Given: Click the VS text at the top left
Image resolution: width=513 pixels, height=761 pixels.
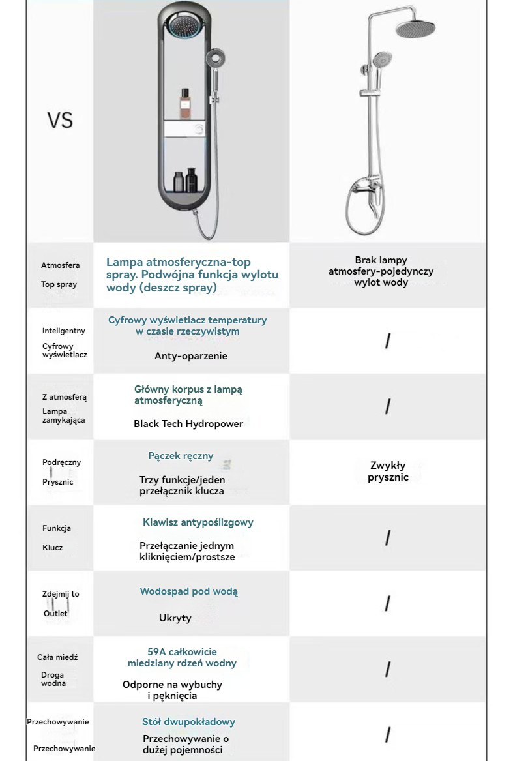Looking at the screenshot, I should click(x=59, y=121).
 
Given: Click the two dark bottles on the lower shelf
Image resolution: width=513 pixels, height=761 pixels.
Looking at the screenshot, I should click(x=185, y=179).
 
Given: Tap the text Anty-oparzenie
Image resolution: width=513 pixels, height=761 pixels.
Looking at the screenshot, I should click(x=191, y=356).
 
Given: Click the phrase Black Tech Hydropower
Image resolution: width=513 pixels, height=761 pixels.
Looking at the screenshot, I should click(x=188, y=424).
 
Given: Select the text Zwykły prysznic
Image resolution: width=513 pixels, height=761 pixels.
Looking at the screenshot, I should click(x=388, y=471).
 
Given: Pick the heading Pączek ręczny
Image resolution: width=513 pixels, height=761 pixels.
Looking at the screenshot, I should click(x=181, y=456).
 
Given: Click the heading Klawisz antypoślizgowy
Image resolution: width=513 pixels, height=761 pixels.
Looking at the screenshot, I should click(x=198, y=522).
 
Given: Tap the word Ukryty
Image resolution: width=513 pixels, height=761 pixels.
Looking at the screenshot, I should click(x=175, y=618).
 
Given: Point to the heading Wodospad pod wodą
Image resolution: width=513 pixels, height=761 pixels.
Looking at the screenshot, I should click(x=189, y=591).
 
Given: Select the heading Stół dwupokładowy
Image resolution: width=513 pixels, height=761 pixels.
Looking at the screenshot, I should click(x=189, y=722).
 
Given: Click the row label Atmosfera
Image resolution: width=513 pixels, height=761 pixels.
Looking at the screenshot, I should click(x=61, y=265).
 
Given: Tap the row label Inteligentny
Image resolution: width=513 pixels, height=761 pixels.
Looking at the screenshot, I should click(x=64, y=331).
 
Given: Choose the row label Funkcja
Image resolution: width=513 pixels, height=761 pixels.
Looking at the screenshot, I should click(x=57, y=528).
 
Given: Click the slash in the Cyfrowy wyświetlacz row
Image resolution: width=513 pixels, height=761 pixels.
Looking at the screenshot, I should click(x=388, y=340).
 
